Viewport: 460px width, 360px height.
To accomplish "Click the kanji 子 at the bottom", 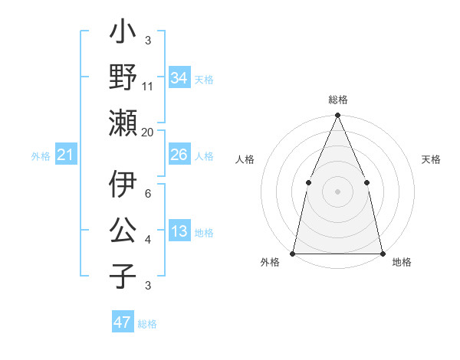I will coord(123,276).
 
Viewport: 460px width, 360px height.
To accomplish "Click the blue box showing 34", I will coord(179,77).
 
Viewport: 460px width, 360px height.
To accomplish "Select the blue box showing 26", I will coord(179,155).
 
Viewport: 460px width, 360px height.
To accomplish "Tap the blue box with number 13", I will coord(179,232).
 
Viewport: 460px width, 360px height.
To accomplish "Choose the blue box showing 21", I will coord(66,155).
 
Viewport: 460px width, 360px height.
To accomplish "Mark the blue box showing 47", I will coord(123,322).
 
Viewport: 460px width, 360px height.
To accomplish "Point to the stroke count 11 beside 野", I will coord(148,87).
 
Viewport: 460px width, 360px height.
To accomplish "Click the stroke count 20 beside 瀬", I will coord(148,132).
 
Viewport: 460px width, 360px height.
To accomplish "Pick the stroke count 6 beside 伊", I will coord(147,194).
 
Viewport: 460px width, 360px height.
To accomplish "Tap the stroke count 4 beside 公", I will coord(147,241).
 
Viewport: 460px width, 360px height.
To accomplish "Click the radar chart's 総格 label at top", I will coord(338,100).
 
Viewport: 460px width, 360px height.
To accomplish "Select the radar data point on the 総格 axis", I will coord(337,116).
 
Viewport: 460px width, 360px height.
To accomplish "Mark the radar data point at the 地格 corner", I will coord(382,253).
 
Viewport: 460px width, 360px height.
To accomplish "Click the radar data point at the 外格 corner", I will coord(293,253).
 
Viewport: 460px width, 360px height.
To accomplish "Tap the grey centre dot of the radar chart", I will coord(337,191).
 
